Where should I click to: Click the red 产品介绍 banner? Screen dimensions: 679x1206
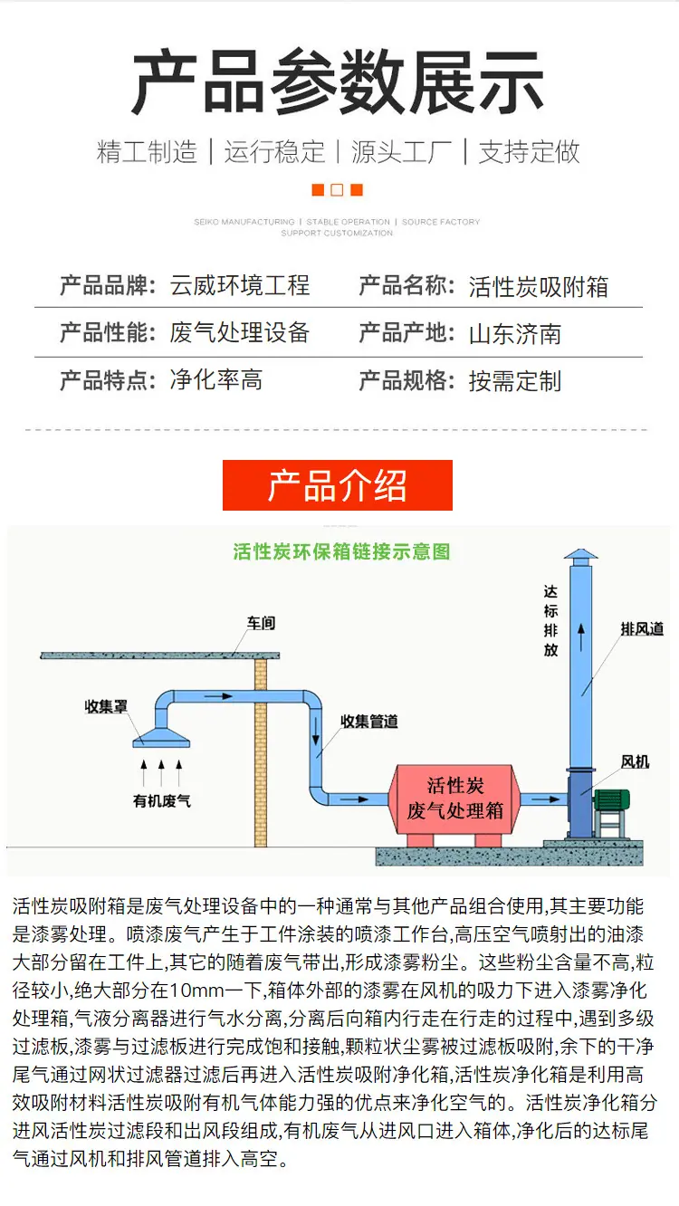click(x=337, y=485)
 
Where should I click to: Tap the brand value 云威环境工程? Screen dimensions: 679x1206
click(x=240, y=285)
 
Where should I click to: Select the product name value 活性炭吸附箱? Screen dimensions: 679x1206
click(x=539, y=286)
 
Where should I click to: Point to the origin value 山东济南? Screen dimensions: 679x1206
click(x=515, y=334)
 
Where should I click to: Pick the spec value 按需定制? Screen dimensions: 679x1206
click(x=515, y=381)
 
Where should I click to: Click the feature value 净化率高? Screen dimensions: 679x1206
click(x=216, y=380)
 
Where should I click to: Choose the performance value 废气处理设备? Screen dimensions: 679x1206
click(x=240, y=332)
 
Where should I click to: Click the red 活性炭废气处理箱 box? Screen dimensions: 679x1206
click(x=455, y=799)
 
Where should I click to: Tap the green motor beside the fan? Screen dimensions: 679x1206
click(x=611, y=799)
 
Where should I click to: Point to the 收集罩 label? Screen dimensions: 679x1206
click(x=106, y=706)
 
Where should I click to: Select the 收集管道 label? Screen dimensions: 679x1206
click(x=368, y=722)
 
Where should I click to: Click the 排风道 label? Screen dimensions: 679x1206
click(x=642, y=628)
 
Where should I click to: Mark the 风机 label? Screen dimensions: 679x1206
click(x=635, y=761)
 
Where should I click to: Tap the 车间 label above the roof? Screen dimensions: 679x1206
click(x=261, y=623)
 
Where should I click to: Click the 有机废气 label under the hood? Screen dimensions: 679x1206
click(x=161, y=801)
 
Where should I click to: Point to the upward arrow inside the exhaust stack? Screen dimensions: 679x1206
click(x=581, y=637)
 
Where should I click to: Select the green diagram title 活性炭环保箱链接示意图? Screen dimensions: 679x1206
click(x=341, y=551)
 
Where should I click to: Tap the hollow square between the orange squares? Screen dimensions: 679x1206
click(x=337, y=189)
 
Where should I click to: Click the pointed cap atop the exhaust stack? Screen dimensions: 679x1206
click(x=580, y=554)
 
